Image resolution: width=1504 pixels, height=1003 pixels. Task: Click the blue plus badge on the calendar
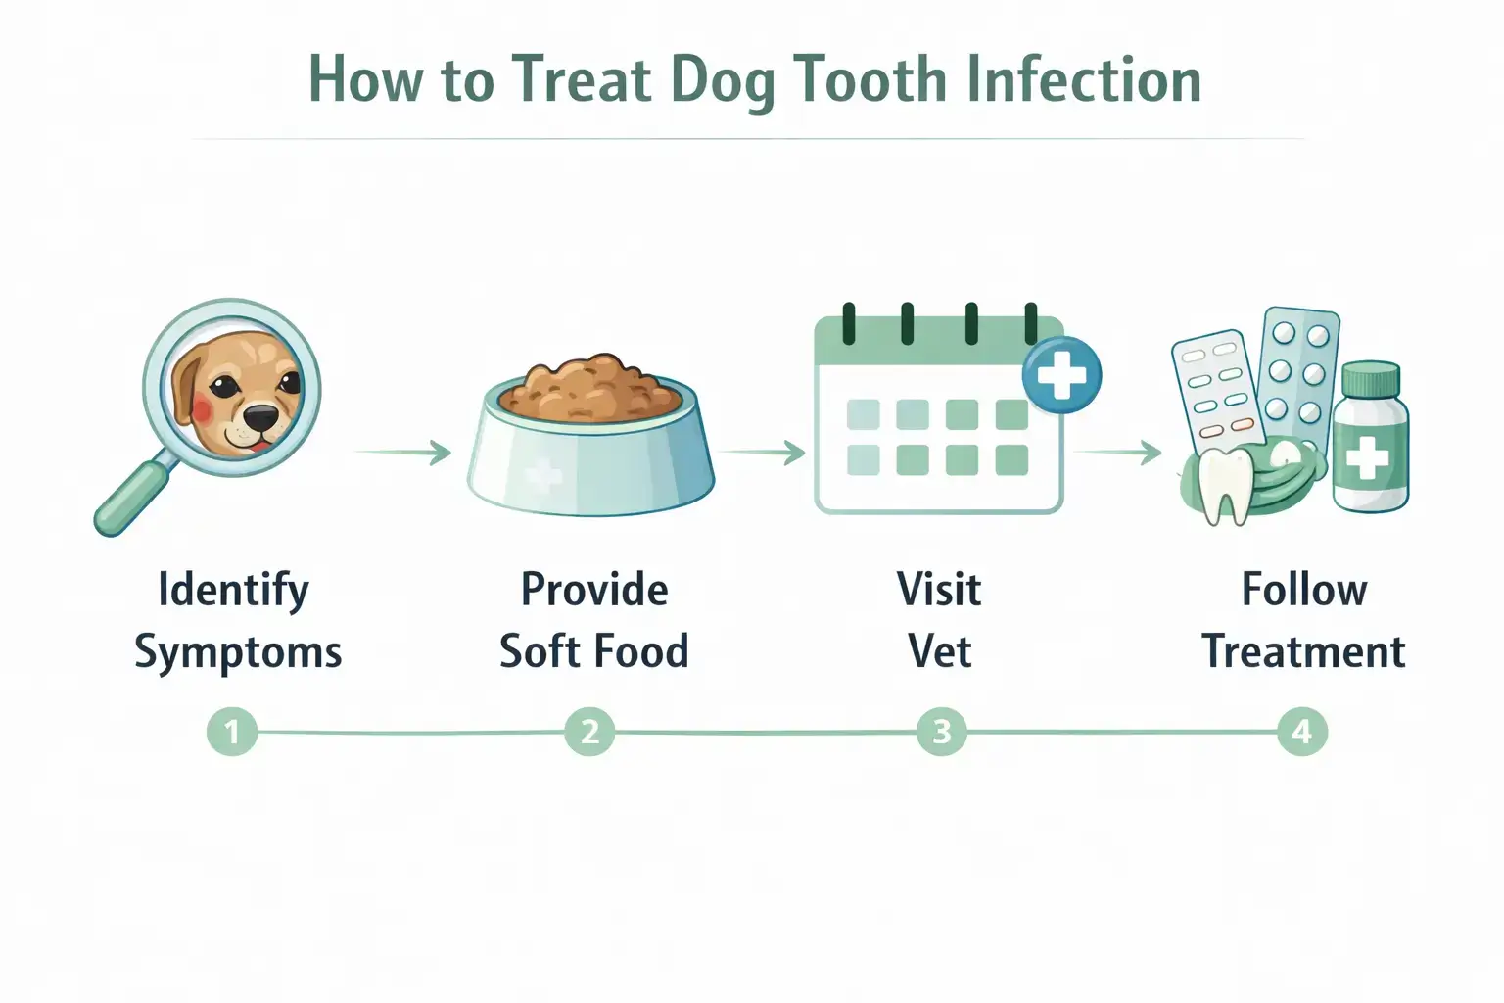(x=1061, y=375)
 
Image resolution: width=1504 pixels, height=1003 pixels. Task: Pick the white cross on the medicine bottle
(x=1368, y=457)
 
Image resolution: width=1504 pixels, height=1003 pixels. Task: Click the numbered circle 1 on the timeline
(x=232, y=732)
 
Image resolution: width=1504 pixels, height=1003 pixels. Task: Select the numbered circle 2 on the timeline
(x=589, y=732)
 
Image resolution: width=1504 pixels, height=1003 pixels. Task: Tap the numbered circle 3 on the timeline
(x=942, y=732)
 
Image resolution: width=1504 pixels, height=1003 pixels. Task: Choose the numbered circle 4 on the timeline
(x=1301, y=732)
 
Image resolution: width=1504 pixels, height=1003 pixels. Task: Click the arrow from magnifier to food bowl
(x=403, y=453)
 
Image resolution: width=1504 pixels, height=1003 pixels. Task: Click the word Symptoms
(x=238, y=652)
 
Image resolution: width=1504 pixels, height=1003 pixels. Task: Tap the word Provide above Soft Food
(x=594, y=590)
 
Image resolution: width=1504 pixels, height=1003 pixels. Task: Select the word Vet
(x=940, y=651)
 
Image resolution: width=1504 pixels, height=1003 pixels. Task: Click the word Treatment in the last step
(x=1303, y=651)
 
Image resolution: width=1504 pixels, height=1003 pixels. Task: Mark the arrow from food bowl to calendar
(x=762, y=453)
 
